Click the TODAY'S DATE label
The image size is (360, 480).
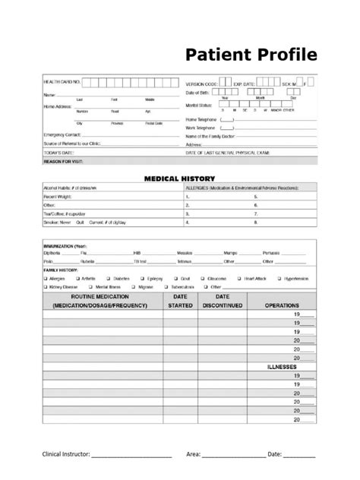pyautogui.click(x=58, y=152)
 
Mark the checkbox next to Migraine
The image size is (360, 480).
pyautogui.click(x=134, y=288)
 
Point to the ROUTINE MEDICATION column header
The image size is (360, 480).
pyautogui.click(x=106, y=302)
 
